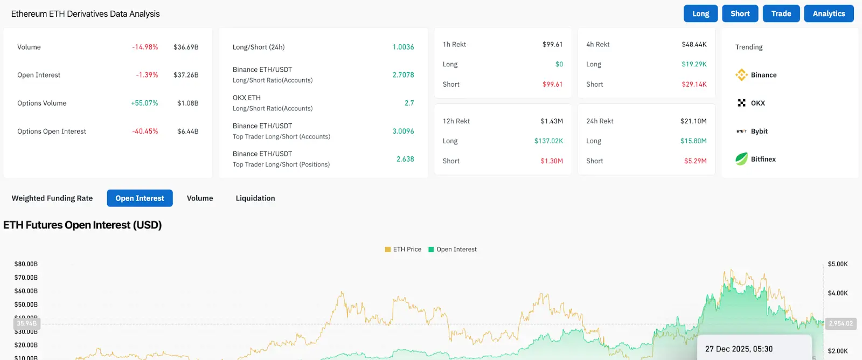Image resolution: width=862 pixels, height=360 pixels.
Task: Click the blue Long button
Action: pos(700,13)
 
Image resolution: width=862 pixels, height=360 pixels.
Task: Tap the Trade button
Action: pos(781,13)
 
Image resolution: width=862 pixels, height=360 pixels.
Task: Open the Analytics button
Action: pos(829,13)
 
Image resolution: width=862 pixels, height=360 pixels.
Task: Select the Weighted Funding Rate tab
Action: pos(52,198)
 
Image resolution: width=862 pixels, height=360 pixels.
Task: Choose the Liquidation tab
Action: pos(255,198)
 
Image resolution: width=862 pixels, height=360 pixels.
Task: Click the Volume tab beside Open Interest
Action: pos(200,198)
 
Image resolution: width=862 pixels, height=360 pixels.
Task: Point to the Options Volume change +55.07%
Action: pos(144,103)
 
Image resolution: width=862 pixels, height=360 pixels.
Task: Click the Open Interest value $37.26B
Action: pos(186,75)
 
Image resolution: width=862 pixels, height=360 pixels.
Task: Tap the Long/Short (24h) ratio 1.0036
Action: pos(403,47)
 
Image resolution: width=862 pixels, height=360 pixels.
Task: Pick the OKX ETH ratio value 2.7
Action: pos(409,103)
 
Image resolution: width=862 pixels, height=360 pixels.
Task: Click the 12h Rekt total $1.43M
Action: pos(552,121)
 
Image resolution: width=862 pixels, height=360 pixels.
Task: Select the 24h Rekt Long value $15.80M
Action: pos(693,141)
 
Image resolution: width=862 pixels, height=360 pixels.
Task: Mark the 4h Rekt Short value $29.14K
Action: pos(694,84)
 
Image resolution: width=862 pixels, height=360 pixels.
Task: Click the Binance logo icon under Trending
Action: pos(742,75)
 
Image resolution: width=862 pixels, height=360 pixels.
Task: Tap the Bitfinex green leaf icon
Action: pos(742,159)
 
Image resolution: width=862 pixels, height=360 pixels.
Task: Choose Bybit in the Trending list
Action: pos(759,131)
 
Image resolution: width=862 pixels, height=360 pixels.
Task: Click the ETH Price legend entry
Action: pos(403,250)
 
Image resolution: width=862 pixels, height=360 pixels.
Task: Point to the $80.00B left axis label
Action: pos(26,264)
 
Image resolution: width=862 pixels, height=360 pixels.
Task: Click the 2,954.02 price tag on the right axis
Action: pos(840,323)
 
